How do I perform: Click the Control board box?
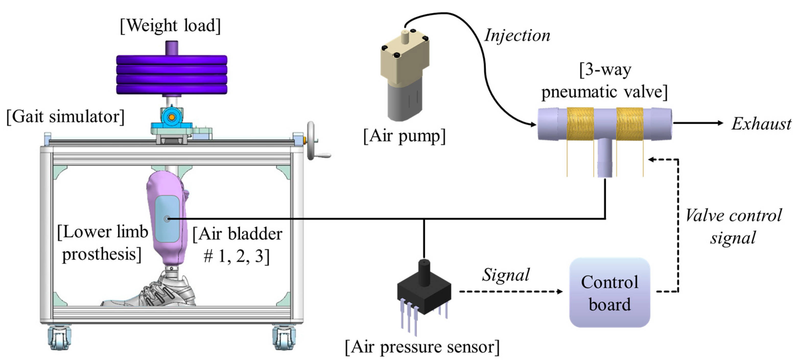pos(609,292)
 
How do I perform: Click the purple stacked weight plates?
pos(172,75)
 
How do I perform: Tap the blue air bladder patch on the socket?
pos(167,219)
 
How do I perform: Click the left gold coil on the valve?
pos(580,124)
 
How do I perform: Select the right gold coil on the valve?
pos(630,124)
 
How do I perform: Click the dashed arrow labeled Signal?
pos(510,291)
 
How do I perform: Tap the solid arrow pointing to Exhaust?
pos(698,123)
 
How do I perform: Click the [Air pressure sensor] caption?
pos(422,347)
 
